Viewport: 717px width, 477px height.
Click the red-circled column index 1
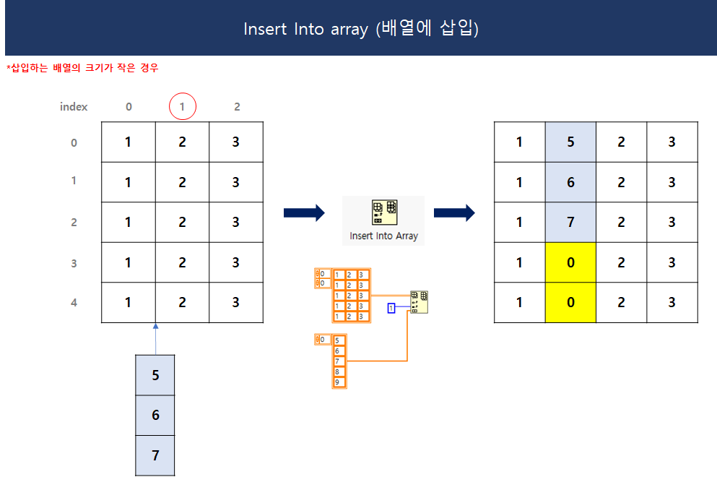[x=183, y=107]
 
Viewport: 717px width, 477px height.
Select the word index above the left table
[x=74, y=107]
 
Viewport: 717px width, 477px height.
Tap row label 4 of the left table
[x=74, y=303]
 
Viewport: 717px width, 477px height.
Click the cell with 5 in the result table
[x=570, y=142]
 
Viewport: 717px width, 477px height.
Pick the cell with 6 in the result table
[x=570, y=182]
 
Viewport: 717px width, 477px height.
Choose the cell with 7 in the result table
[x=570, y=222]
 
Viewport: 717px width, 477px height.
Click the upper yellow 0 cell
[x=570, y=262]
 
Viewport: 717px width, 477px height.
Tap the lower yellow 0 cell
[x=570, y=302]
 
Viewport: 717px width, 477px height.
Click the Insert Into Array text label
[x=383, y=236]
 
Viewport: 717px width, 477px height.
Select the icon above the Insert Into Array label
[x=383, y=212]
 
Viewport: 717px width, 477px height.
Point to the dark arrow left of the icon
[x=304, y=212]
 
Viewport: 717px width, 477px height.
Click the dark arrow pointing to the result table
[x=454, y=212]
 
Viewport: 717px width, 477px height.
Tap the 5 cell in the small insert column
[x=155, y=375]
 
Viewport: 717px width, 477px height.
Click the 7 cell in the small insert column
[x=155, y=455]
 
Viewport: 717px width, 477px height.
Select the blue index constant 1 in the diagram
[x=391, y=308]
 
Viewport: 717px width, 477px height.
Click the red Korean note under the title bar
[x=82, y=68]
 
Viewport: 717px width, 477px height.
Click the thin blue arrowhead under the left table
[x=155, y=327]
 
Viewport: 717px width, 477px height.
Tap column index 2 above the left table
[x=237, y=107]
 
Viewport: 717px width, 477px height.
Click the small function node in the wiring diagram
[x=419, y=301]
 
